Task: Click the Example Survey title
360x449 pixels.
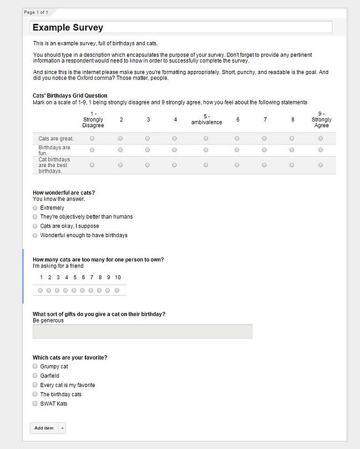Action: point(68,27)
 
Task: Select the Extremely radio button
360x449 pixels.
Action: point(35,208)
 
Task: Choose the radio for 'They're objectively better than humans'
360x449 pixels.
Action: point(35,216)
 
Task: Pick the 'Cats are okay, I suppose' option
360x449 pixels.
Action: point(35,226)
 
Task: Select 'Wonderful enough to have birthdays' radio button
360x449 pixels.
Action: point(35,235)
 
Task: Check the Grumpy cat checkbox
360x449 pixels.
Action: point(35,366)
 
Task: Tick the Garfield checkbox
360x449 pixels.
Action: point(35,376)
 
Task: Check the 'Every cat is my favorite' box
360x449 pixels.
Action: point(35,385)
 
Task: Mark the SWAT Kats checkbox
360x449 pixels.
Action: point(35,403)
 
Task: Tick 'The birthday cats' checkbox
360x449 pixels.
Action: point(35,394)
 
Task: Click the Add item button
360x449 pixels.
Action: point(44,428)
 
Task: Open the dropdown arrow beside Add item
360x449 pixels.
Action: point(62,428)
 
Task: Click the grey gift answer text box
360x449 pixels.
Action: point(142,331)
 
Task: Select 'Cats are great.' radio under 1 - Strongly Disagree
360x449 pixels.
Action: point(92,138)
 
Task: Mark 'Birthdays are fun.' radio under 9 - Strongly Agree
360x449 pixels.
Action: point(321,150)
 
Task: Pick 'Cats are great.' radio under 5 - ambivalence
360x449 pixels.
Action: point(206,138)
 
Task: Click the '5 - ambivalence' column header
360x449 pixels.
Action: point(206,119)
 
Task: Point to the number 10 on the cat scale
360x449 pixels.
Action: point(118,278)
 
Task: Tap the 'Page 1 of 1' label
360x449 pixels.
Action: point(36,12)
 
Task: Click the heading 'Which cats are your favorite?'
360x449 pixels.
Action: point(70,357)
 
